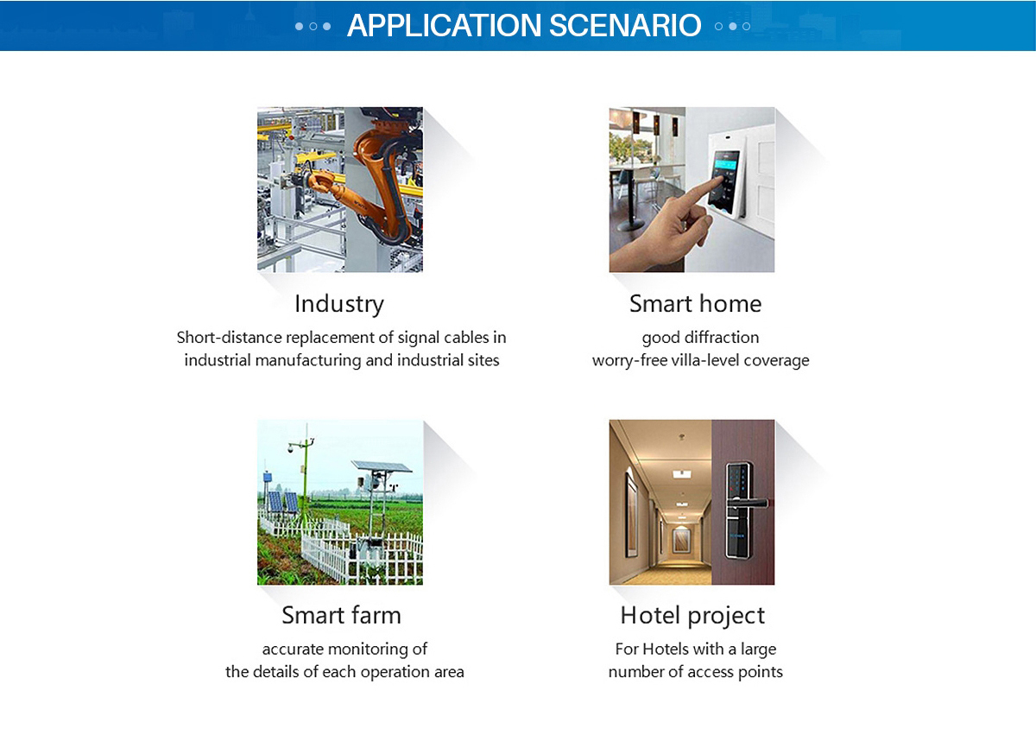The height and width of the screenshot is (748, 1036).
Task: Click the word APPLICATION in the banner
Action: point(444,25)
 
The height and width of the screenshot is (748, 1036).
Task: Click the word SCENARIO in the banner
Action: point(625,25)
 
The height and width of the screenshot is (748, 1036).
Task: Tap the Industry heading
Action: point(339,304)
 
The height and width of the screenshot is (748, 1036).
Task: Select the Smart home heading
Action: point(695,304)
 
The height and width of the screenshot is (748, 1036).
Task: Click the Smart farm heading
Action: point(341,615)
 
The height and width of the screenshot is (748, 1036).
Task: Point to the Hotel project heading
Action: point(692,616)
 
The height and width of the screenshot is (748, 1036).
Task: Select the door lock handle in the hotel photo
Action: point(747,503)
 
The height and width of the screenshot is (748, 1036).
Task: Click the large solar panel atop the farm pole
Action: point(382,466)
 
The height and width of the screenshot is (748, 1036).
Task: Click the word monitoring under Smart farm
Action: point(370,650)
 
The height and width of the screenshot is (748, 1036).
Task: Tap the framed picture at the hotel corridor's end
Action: point(681,542)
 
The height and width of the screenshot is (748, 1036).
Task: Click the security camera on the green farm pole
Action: point(290,448)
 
